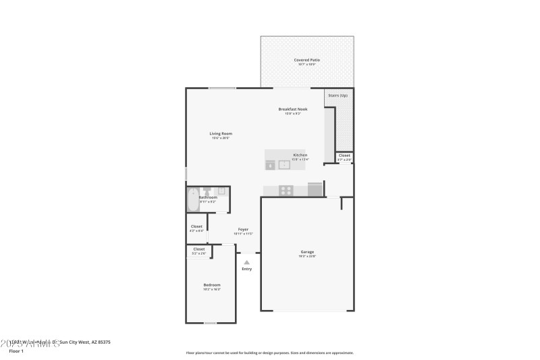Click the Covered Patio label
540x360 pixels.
tap(306, 60)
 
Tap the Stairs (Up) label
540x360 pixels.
tap(338, 96)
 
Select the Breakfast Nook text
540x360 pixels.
tap(293, 109)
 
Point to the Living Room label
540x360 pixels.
tap(221, 134)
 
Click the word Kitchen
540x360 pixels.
tap(300, 155)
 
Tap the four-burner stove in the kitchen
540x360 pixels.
tap(286, 190)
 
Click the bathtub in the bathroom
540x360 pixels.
tap(192, 201)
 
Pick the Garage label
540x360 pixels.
tap(307, 252)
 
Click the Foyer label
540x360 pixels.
tap(243, 230)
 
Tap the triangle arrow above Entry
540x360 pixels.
tap(246, 262)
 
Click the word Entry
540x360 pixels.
tap(246, 269)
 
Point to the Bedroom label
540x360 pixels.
tap(212, 285)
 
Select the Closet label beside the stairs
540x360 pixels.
tap(344, 155)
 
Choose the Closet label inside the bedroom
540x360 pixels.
tap(199, 249)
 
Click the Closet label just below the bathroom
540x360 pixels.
tap(196, 226)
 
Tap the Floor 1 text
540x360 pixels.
tap(16, 351)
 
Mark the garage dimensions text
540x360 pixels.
tap(307, 257)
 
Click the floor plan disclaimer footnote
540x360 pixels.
tap(269, 353)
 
